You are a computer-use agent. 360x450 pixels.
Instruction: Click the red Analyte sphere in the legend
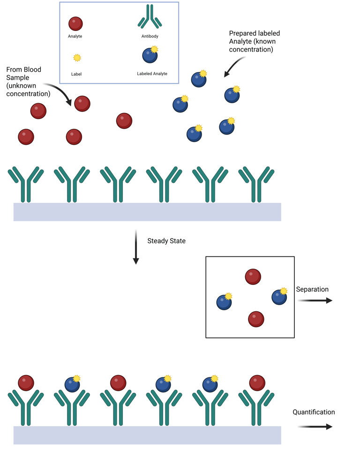[x=75, y=23]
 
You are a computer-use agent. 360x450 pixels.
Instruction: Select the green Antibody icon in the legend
[x=150, y=17]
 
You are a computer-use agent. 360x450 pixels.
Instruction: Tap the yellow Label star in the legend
[x=77, y=58]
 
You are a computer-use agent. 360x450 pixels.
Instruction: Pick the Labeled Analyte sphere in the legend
[x=150, y=55]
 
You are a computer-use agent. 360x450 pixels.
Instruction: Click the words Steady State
[x=166, y=241]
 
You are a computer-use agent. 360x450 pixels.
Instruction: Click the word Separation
[x=312, y=289]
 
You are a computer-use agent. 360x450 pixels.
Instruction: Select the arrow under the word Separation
[x=315, y=300]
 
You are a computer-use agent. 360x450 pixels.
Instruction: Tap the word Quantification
[x=314, y=412]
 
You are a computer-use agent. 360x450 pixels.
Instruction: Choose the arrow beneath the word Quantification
[x=315, y=427]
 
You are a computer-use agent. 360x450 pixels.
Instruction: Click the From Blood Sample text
[x=28, y=82]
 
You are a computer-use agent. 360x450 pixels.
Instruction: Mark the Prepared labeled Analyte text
[x=255, y=41]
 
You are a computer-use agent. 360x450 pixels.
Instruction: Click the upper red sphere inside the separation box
[x=253, y=277]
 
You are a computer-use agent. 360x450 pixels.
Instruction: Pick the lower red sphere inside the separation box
[x=256, y=319]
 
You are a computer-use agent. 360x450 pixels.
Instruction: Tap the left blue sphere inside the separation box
[x=224, y=302]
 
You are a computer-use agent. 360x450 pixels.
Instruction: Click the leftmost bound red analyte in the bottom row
[x=26, y=382]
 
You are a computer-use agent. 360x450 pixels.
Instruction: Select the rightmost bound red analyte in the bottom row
[x=257, y=382]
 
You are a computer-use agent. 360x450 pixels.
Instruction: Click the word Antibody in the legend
[x=150, y=36]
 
